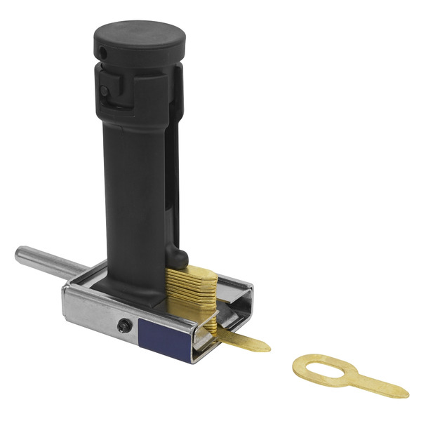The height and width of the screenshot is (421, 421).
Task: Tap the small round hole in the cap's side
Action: point(103,53)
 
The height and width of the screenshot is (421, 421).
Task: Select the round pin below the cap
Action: point(105,91)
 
